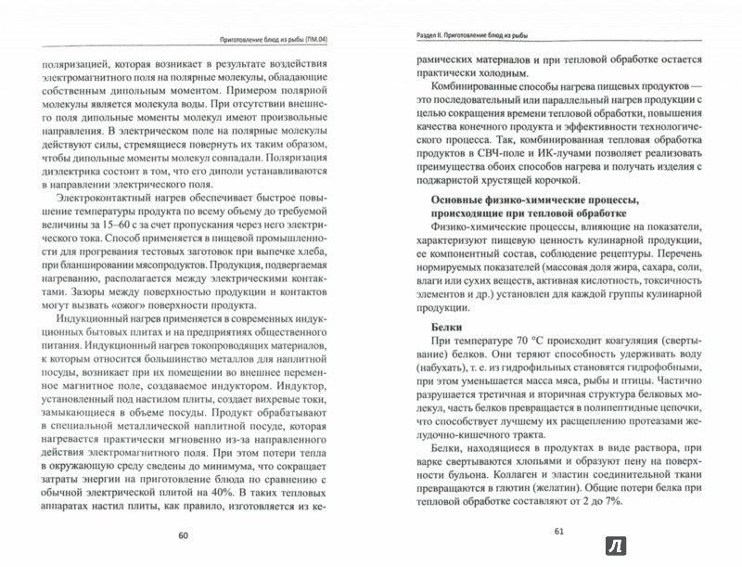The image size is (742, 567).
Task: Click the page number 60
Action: pyautogui.click(x=182, y=535)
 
